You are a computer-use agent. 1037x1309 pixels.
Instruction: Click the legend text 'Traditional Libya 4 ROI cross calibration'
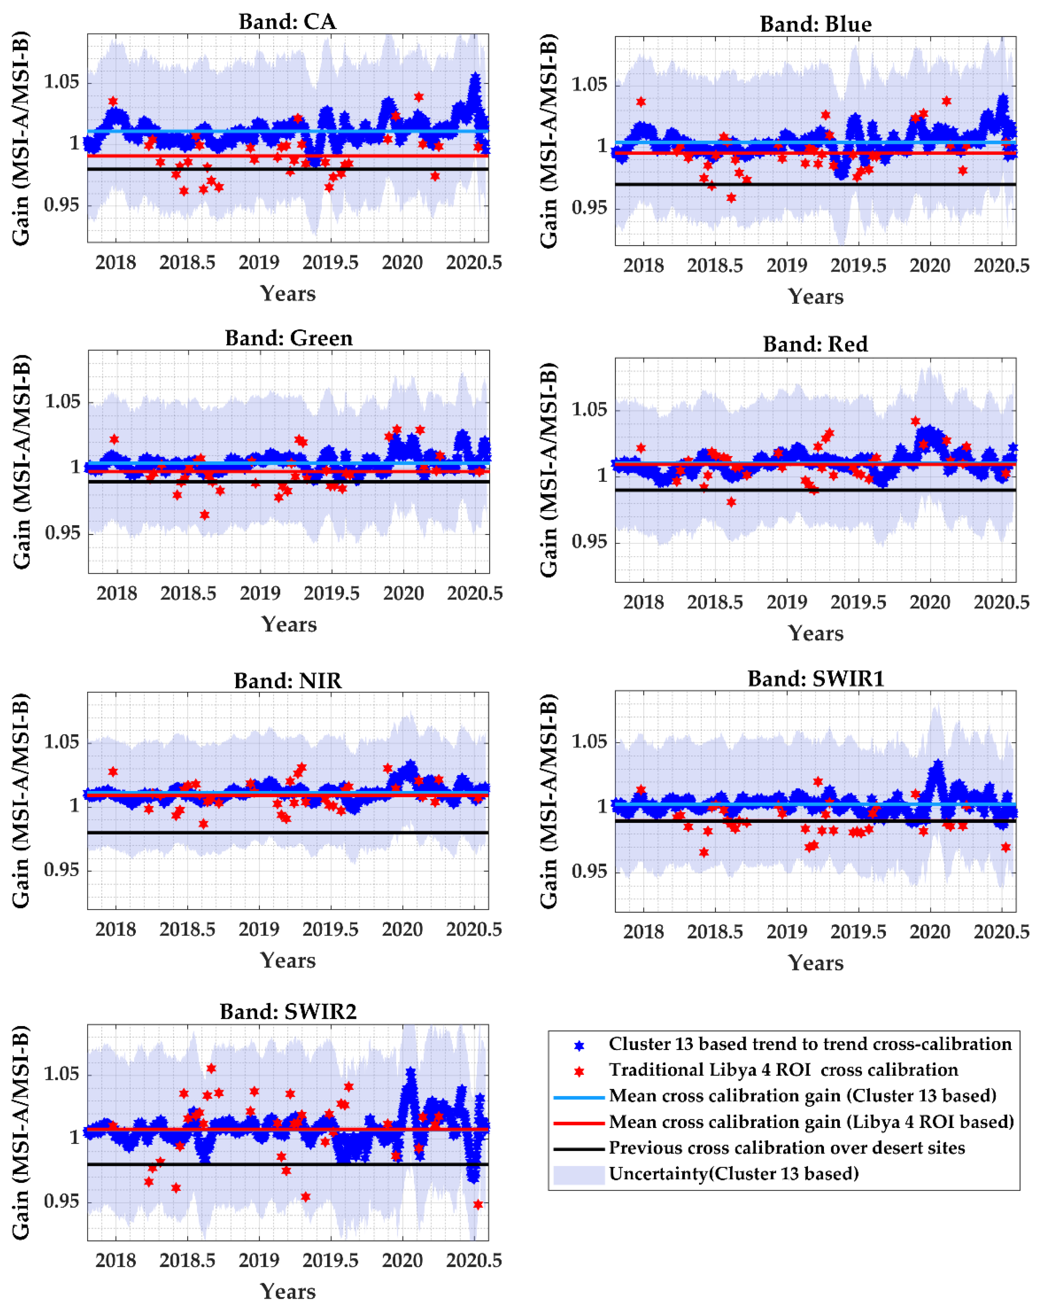pos(783,1070)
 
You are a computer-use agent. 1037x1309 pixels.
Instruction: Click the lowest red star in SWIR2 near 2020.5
pos(478,1204)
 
